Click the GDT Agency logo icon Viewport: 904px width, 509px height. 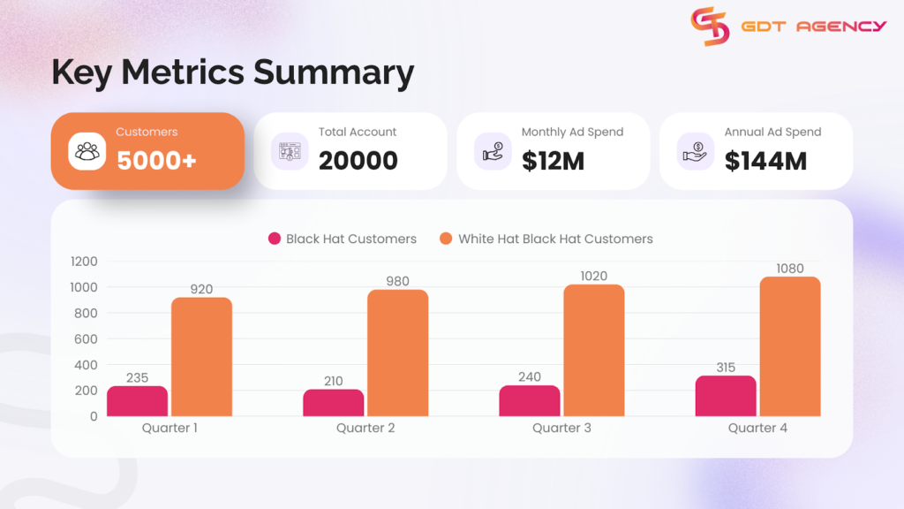pos(710,27)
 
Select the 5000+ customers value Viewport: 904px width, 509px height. pos(157,160)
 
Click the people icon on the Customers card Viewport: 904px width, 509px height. pos(88,151)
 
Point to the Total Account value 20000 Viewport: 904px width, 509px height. pos(358,160)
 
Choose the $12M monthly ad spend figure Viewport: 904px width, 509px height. pos(554,160)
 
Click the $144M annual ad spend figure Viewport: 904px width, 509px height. pos(766,160)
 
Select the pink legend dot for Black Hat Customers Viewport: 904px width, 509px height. pos(275,239)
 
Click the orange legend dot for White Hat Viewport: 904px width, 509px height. pos(446,239)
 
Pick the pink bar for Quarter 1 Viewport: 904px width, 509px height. pos(137,401)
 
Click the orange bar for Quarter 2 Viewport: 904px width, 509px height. pos(398,353)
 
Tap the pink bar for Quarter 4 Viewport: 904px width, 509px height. pos(726,396)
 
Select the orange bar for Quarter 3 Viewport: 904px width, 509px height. pos(594,351)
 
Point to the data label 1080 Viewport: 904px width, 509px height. pos(790,268)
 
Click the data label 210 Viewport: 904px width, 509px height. pos(333,381)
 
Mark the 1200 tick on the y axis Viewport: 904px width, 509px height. pos(85,261)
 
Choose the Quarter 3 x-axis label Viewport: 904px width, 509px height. pos(561,428)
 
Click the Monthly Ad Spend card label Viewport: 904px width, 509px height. pos(572,132)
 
